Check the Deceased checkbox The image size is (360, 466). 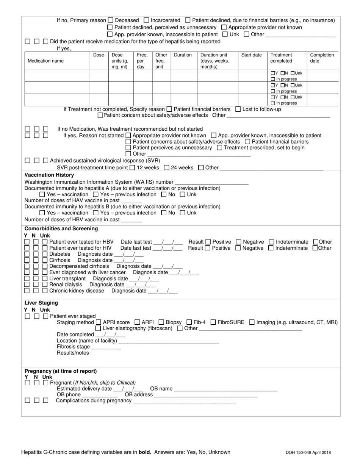(x=111, y=20)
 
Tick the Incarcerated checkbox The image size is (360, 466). (x=147, y=20)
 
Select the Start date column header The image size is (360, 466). (x=251, y=55)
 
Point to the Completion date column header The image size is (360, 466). (x=322, y=58)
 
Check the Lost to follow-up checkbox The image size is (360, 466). (x=238, y=109)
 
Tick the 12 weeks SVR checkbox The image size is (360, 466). (x=132, y=167)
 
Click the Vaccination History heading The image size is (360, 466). (x=49, y=175)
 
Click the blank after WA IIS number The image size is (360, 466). (x=212, y=182)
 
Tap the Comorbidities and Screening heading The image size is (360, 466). (x=61, y=228)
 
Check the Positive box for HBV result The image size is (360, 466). (x=208, y=242)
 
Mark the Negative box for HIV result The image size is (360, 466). (x=238, y=248)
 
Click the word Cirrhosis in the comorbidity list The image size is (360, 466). (x=59, y=260)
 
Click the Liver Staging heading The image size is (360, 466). (x=41, y=303)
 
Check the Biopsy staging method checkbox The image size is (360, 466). (x=161, y=322)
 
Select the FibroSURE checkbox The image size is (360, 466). (x=213, y=322)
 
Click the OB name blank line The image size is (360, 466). (x=225, y=389)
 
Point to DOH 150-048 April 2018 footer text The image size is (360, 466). (x=313, y=452)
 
